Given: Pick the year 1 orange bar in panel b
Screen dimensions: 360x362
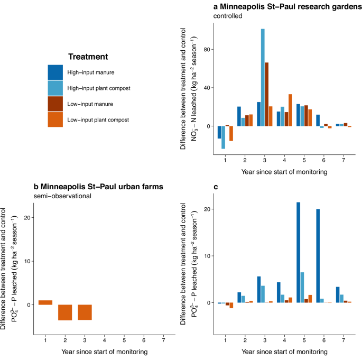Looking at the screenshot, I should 45,302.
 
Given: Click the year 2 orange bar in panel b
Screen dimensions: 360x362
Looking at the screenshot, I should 65,312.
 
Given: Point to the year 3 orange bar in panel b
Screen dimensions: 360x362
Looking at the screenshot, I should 85,312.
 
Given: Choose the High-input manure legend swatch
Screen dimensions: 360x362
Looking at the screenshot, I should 55,72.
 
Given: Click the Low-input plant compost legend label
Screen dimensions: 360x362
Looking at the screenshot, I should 98,120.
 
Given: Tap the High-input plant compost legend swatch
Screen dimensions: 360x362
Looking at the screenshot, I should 55,88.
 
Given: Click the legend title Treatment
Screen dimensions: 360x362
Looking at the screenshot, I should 88,57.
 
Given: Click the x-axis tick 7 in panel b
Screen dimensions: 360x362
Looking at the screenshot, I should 163,339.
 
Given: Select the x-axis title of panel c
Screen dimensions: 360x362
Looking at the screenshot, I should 284,350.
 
